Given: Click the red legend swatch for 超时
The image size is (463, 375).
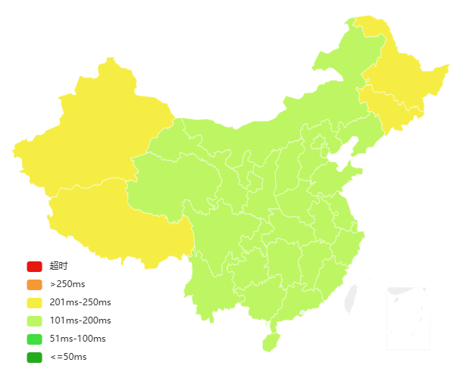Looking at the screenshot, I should click(x=34, y=266).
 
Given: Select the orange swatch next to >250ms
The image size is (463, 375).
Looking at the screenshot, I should click(x=34, y=285).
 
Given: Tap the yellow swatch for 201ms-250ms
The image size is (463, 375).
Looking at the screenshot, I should click(x=34, y=302).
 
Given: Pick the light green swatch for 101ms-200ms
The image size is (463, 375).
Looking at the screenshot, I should click(x=34, y=320).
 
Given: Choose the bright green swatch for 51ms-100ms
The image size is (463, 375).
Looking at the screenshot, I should click(x=34, y=339).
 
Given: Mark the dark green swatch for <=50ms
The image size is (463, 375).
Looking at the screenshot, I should click(x=34, y=357).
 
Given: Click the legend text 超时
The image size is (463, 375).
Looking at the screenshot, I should click(x=58, y=266).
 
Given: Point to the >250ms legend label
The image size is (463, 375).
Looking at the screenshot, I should click(x=67, y=285).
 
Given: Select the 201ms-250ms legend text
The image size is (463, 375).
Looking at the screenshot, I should click(x=80, y=302).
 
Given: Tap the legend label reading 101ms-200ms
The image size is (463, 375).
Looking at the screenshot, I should click(x=80, y=320).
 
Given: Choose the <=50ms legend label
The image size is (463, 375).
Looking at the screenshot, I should click(x=68, y=357).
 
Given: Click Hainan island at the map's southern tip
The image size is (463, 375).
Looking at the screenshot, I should click(x=271, y=342).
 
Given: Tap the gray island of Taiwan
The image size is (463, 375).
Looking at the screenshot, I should click(x=350, y=298).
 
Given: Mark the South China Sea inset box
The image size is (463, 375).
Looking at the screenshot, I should click(x=408, y=318).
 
